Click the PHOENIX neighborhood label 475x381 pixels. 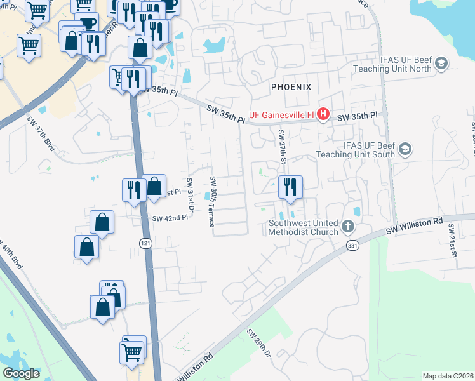(x=291, y=86)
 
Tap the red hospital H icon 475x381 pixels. (x=323, y=114)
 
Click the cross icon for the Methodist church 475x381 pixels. (x=347, y=226)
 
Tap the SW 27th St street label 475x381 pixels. (x=282, y=145)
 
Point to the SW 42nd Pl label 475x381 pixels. (x=170, y=218)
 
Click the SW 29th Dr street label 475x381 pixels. (x=258, y=343)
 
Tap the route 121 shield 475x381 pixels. (x=145, y=243)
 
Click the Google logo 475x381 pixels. (x=21, y=373)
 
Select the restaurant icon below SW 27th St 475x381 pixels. (x=290, y=187)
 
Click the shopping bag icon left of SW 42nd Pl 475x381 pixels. (x=102, y=223)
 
